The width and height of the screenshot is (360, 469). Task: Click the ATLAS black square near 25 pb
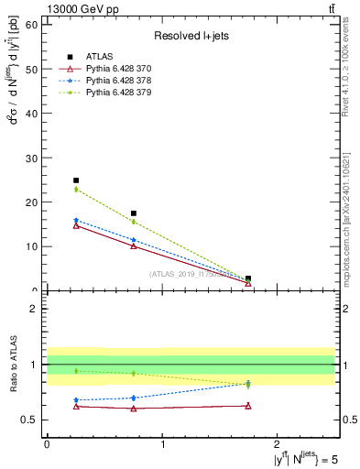pyautogui.click(x=76, y=180)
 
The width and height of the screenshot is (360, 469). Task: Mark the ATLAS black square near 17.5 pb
pyautogui.click(x=134, y=213)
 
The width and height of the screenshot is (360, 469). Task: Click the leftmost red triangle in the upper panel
pyautogui.click(x=76, y=225)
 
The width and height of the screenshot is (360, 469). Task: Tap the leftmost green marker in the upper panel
pyautogui.click(x=76, y=190)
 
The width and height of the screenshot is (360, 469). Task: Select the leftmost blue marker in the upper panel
pyautogui.click(x=76, y=220)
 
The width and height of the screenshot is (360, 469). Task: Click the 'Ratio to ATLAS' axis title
pyautogui.click(x=12, y=365)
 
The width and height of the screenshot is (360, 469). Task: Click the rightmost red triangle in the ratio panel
pyautogui.click(x=248, y=406)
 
